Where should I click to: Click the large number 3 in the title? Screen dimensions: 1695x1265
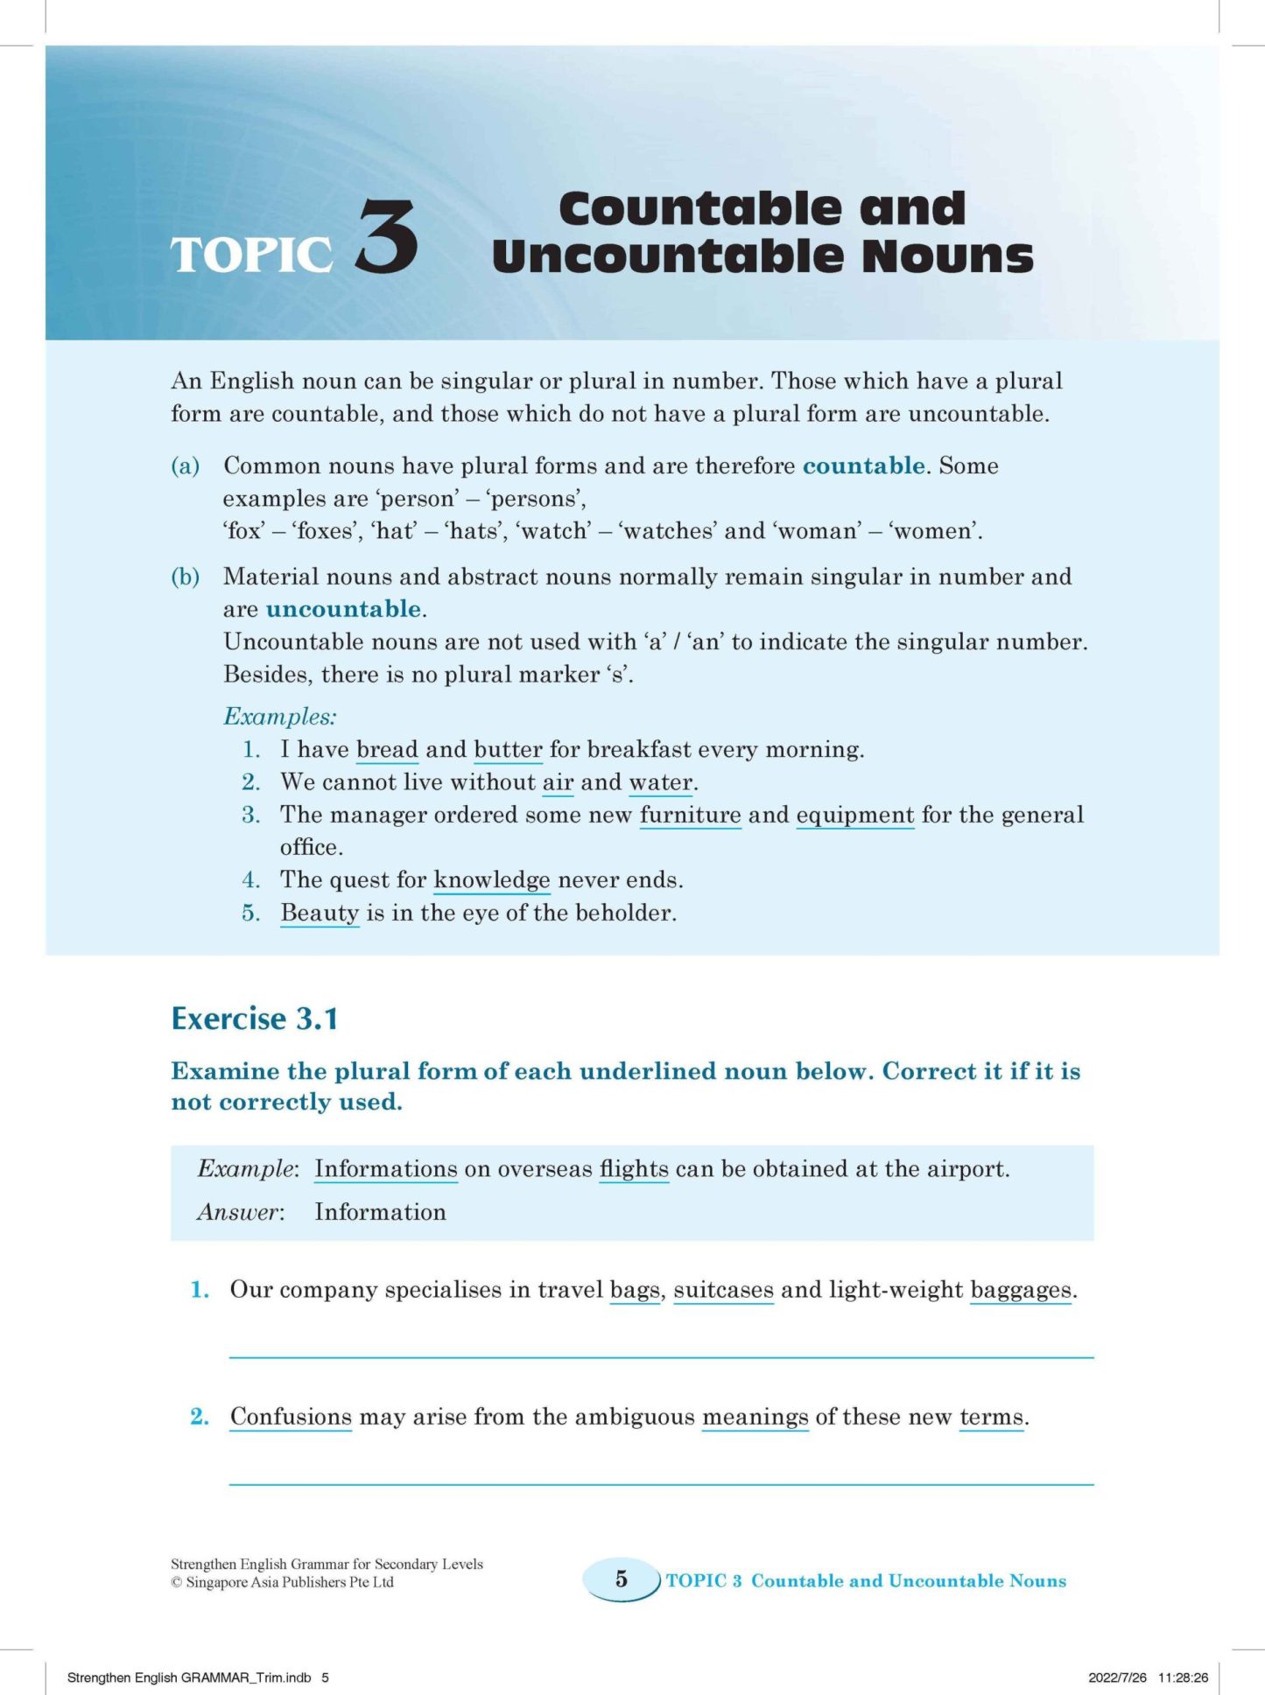tap(387, 235)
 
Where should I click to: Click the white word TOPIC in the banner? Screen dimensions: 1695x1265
tap(251, 255)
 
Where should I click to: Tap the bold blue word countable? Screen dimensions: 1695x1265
tap(863, 466)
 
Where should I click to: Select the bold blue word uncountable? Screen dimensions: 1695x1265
tap(343, 609)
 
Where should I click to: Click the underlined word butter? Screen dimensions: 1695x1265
tap(508, 750)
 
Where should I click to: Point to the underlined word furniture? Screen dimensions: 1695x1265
tap(690, 816)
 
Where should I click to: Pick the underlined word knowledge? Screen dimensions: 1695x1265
tap(492, 880)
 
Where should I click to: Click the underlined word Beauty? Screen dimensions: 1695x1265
tap(320, 914)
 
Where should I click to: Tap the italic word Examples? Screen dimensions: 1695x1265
tap(280, 717)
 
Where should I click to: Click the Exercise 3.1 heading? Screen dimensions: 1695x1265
tap(255, 1019)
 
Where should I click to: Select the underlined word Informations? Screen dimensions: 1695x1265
tap(386, 1169)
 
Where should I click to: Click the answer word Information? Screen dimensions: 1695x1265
tap(380, 1212)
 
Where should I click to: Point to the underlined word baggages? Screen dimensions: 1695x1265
tap(1021, 1290)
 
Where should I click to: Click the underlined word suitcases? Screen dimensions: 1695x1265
tap(723, 1290)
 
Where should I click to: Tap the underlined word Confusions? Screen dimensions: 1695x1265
tap(291, 1417)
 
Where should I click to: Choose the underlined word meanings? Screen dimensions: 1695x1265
tap(755, 1417)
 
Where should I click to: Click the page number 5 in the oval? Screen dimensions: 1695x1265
tap(622, 1579)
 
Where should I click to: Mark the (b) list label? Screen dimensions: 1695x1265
tap(186, 577)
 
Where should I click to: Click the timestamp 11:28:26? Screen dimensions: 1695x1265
tap(1183, 1677)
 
